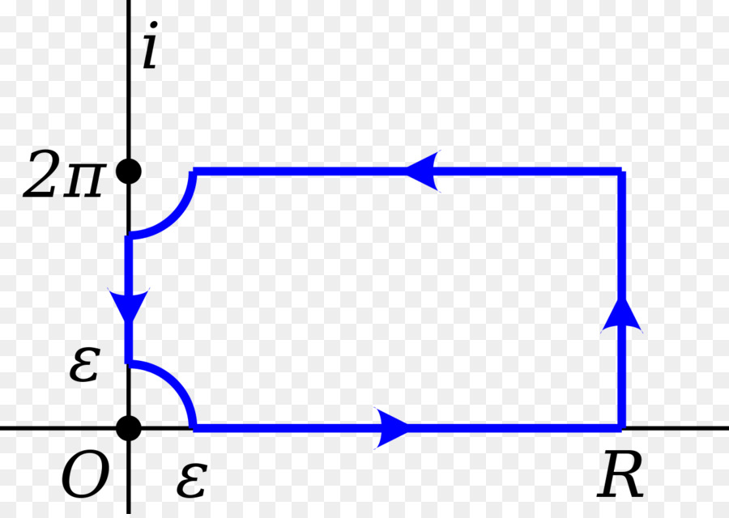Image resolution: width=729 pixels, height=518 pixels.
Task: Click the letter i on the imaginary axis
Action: click(150, 49)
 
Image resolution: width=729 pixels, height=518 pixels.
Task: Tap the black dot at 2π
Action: click(129, 172)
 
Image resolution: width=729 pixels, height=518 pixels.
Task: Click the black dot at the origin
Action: click(129, 427)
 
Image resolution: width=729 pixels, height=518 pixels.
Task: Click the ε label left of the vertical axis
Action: click(83, 366)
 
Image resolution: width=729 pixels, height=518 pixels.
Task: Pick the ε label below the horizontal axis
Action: click(191, 481)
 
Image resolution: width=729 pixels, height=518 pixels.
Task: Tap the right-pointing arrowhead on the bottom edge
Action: click(395, 427)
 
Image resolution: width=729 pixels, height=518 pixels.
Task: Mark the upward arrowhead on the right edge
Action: click(622, 315)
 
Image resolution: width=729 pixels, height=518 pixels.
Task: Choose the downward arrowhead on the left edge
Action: click(129, 305)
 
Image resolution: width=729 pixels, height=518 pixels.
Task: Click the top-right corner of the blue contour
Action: click(622, 171)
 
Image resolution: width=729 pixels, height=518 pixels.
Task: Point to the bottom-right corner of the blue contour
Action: click(622, 427)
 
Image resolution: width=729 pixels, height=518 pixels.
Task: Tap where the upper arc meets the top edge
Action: click(194, 172)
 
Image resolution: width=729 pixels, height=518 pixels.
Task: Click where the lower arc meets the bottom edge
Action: click(194, 427)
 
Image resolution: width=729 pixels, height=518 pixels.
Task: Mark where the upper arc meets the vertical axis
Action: click(129, 236)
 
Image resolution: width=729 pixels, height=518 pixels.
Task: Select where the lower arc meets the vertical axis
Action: click(129, 362)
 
